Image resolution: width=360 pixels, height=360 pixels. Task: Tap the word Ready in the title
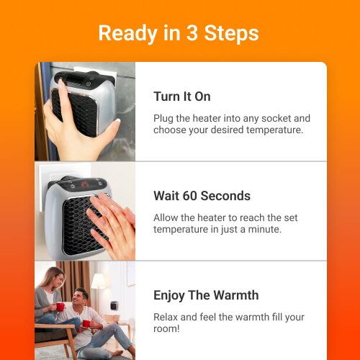click(124, 34)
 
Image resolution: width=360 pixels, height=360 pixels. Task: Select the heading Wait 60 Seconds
click(202, 196)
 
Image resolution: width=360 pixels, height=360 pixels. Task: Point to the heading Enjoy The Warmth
click(206, 295)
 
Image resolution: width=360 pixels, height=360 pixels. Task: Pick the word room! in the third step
click(168, 330)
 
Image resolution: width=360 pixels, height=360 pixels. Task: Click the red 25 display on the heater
click(85, 184)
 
